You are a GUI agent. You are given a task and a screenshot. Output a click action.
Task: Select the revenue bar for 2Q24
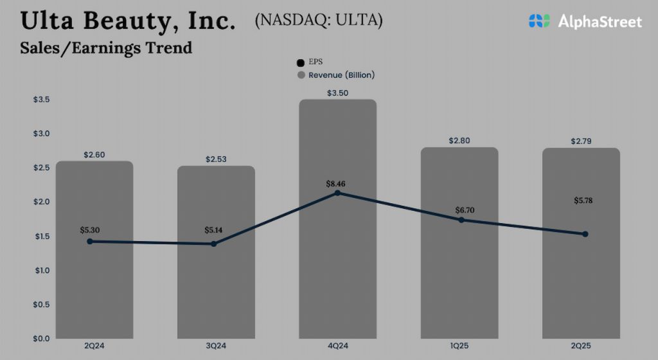pos(94,289)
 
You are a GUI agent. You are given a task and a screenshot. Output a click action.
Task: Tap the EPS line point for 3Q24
pos(213,244)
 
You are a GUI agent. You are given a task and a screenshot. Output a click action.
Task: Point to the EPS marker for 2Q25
pos(585,234)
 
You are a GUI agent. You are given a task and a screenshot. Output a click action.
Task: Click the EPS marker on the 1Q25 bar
pos(461,220)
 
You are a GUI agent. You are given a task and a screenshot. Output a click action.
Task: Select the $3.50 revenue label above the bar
pos(337,93)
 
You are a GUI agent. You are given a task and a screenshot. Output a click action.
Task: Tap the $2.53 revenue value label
pos(216,159)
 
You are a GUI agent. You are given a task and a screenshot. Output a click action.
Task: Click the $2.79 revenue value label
pos(581,141)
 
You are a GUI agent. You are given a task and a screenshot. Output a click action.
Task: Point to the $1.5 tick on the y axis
pos(41,237)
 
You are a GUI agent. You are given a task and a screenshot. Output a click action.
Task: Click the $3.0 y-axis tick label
pos(41,134)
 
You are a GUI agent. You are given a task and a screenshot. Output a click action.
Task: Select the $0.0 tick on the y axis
pos(41,338)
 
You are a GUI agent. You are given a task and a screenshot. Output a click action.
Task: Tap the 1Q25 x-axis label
pos(459,346)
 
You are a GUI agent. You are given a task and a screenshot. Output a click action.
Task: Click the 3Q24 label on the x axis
pos(216,346)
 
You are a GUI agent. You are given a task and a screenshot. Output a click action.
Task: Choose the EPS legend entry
pos(314,62)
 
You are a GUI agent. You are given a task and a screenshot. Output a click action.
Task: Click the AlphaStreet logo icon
pos(539,21)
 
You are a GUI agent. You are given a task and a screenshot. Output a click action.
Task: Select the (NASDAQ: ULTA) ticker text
pos(318,20)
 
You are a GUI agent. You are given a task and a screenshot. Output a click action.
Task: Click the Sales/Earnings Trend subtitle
pos(106,48)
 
